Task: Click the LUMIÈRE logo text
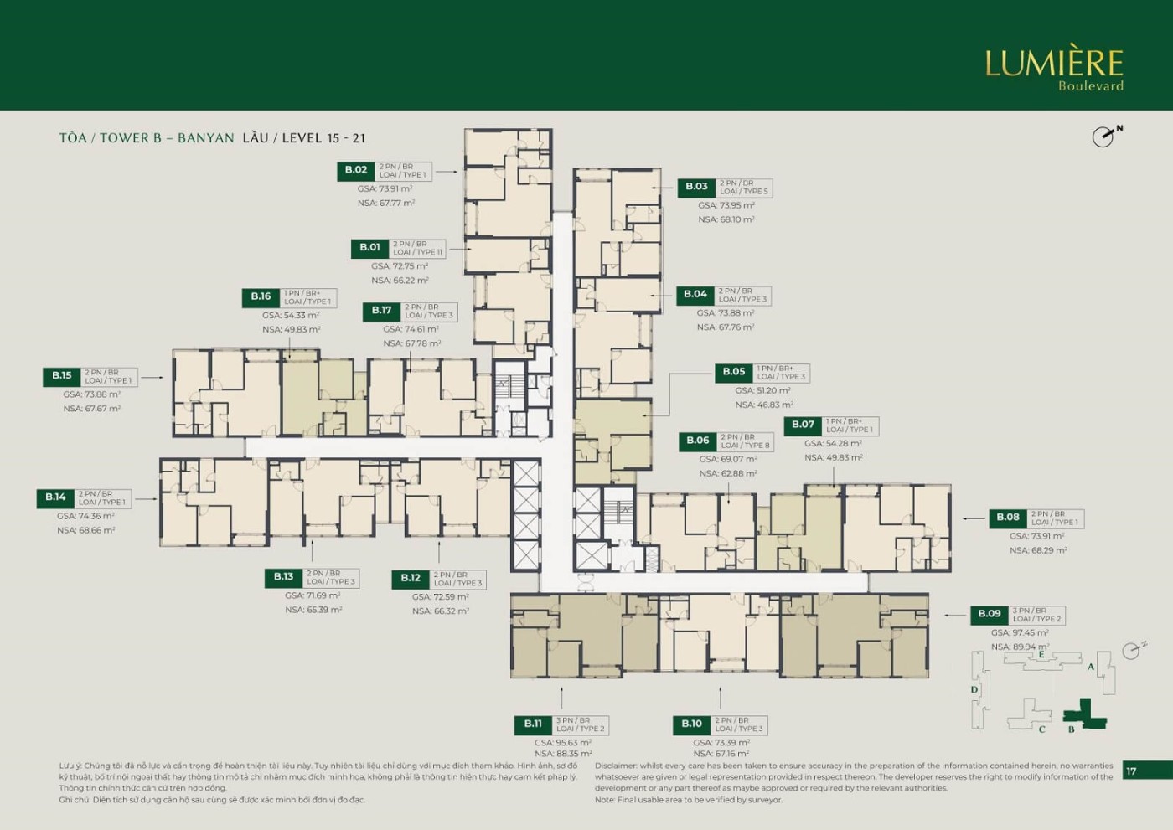[1053, 63]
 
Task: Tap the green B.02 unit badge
[356, 170]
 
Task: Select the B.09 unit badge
[990, 614]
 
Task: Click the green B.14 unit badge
[55, 497]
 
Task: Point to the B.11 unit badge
[533, 724]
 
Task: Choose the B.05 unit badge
[734, 372]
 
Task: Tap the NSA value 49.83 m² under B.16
[291, 330]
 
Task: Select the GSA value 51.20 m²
[762, 390]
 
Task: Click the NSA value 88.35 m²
[563, 754]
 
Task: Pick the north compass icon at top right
[1105, 136]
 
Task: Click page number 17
[1132, 771]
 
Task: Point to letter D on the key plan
[974, 690]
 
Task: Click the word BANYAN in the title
[205, 138]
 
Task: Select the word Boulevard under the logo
[1090, 85]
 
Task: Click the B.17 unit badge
[382, 311]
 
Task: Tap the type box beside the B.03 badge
[743, 188]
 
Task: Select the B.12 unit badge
[411, 578]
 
